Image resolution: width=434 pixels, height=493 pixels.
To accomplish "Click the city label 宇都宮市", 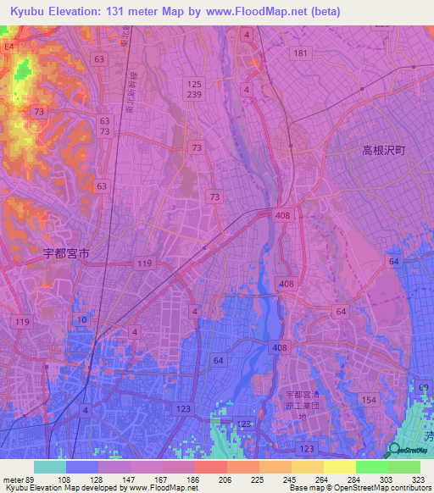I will point(66,252).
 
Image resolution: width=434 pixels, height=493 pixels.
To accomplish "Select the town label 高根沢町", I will point(385,149).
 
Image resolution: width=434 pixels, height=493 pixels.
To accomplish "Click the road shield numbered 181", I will point(299,53).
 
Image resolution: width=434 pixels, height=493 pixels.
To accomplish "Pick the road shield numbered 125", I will point(195,83).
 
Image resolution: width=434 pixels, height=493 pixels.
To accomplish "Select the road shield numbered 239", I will point(195,96).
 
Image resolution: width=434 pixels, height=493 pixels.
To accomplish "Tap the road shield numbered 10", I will point(81,319).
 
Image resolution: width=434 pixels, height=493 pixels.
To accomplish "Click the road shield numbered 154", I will point(368,399).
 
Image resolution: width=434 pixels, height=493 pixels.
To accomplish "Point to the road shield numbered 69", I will point(423,387).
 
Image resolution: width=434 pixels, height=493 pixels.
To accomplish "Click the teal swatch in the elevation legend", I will point(50,467).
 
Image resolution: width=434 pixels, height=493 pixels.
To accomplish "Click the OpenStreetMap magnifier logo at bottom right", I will point(394,450).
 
